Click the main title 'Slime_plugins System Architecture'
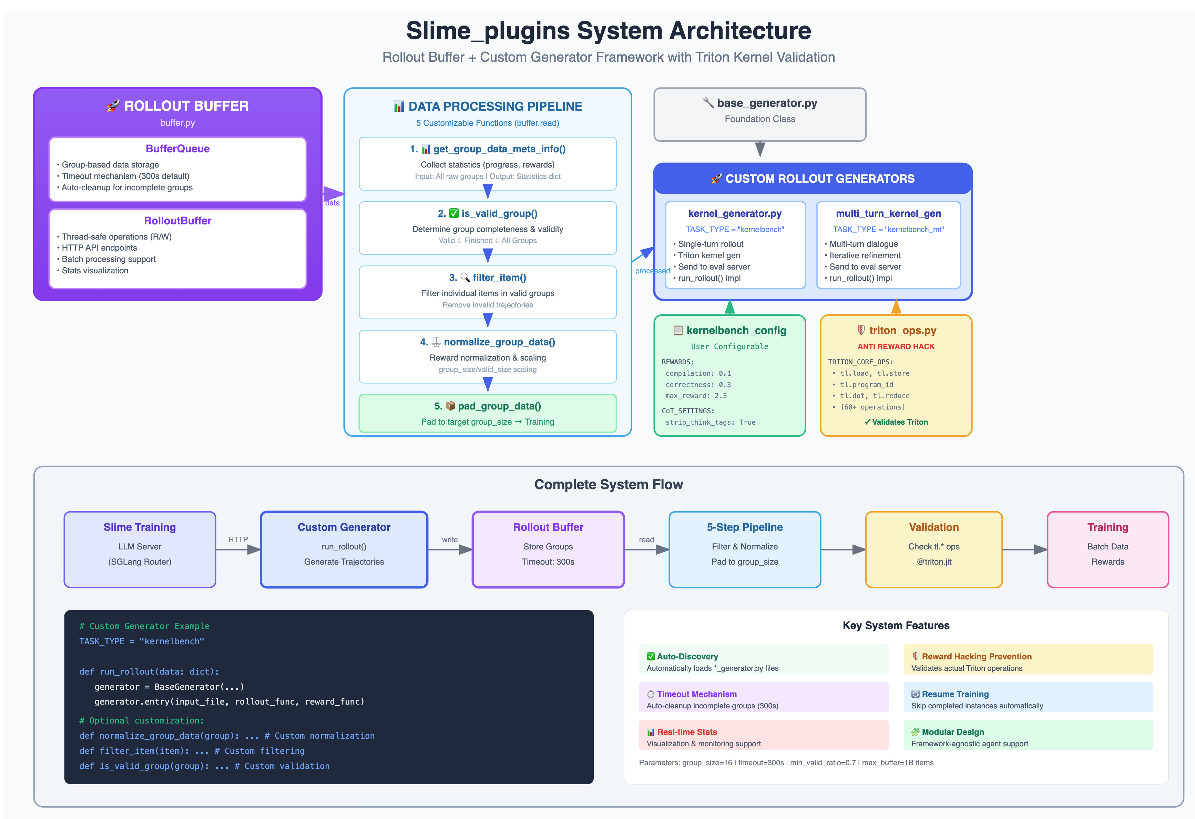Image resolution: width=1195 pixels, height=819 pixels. click(x=608, y=31)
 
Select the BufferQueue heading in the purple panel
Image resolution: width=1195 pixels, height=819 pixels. click(x=177, y=149)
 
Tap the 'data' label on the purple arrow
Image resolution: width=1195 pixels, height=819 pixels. click(x=332, y=203)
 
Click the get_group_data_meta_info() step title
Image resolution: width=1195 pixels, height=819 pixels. click(x=498, y=149)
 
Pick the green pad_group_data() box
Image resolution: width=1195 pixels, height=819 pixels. click(x=488, y=413)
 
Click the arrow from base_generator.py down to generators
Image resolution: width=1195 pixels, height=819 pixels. click(x=760, y=149)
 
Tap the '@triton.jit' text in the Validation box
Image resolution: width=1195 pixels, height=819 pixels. click(x=934, y=562)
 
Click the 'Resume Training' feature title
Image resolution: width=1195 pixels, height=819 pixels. click(x=954, y=694)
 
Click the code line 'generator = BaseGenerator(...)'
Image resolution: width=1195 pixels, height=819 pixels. click(x=169, y=687)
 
